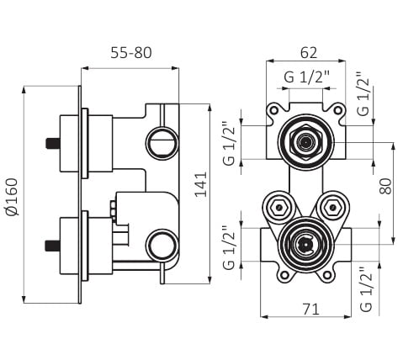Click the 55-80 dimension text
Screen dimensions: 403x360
pyautogui.click(x=131, y=53)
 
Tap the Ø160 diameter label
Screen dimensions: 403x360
pyautogui.click(x=12, y=197)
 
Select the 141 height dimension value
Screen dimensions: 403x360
pyautogui.click(x=201, y=185)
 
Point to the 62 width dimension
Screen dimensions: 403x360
pyautogui.click(x=309, y=53)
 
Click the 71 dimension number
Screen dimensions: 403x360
pyautogui.click(x=310, y=310)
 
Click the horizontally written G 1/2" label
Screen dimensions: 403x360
pyautogui.click(x=306, y=77)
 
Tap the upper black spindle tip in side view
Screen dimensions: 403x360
pyautogui.click(x=53, y=143)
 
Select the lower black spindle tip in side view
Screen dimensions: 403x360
pyautogui.click(x=53, y=246)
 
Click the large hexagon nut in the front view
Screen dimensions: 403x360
pyautogui.click(x=305, y=142)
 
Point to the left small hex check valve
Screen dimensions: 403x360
pyautogui.click(x=278, y=208)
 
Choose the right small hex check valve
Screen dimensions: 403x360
pyautogui.click(x=332, y=208)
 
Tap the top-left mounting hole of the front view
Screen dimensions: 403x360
pyautogui.click(x=273, y=110)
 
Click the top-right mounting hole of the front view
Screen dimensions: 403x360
pyautogui.click(x=338, y=110)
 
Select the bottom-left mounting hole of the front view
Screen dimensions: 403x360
pyautogui.click(x=285, y=275)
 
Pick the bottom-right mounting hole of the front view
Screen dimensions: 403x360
pyautogui.click(x=327, y=275)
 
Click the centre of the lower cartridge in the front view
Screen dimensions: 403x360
pyautogui.click(x=305, y=245)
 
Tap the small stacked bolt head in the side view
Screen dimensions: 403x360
pyautogui.click(x=113, y=209)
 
